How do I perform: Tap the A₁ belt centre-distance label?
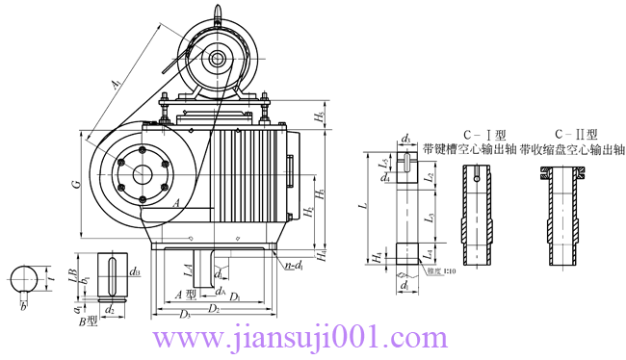point(116,85)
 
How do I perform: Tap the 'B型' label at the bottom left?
point(91,321)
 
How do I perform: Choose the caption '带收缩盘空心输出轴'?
point(572,150)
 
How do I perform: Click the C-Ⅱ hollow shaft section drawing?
point(566,219)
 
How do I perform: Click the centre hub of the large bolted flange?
point(143,174)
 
